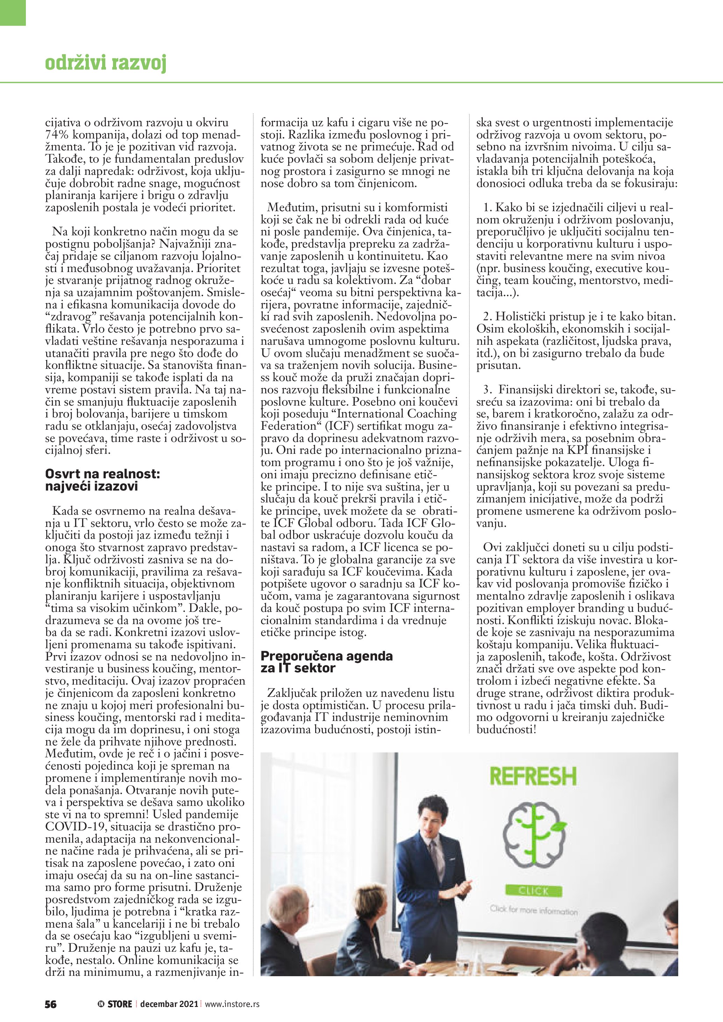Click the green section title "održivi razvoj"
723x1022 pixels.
[x=106, y=63]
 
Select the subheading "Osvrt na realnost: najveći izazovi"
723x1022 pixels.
[x=102, y=480]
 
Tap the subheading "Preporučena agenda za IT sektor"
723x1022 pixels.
[x=326, y=662]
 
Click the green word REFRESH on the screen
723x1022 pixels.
[x=533, y=777]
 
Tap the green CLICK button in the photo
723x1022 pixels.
[x=533, y=891]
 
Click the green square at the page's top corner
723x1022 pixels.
[x=13, y=13]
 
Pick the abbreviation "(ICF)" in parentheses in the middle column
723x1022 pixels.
[x=339, y=426]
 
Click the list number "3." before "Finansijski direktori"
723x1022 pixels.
[x=488, y=390]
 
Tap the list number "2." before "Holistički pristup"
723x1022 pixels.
[x=488, y=317]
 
